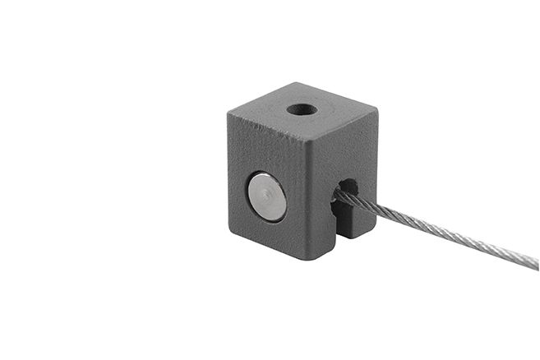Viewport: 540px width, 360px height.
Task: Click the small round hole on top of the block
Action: (302, 109)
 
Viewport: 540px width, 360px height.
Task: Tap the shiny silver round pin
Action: (268, 196)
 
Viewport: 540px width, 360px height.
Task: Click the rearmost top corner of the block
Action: (294, 84)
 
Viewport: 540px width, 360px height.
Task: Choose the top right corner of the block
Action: (377, 108)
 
